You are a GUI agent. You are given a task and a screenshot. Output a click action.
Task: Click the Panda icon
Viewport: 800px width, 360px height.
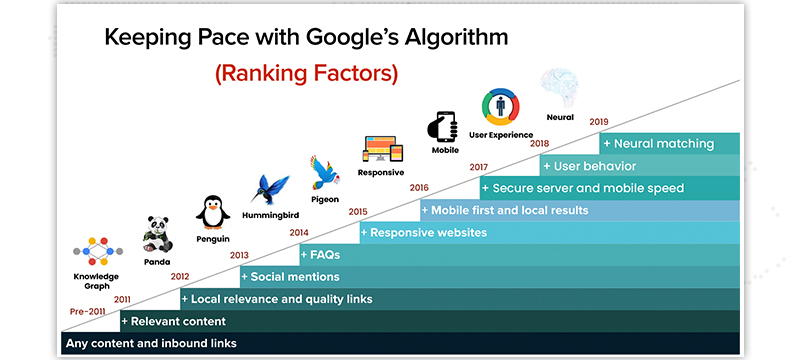point(156,233)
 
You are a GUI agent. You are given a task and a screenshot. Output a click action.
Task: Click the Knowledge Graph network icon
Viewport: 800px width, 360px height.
point(97,253)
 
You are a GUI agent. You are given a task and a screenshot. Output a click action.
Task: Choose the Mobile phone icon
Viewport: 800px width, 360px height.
point(444,125)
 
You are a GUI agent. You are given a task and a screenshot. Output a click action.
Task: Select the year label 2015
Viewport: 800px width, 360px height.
point(358,211)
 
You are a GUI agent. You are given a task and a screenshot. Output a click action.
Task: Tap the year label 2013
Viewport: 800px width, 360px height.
point(239,255)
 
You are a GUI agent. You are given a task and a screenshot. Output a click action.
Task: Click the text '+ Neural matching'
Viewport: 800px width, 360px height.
point(658,144)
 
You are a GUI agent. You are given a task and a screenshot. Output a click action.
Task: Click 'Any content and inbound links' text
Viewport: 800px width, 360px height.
point(150,344)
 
